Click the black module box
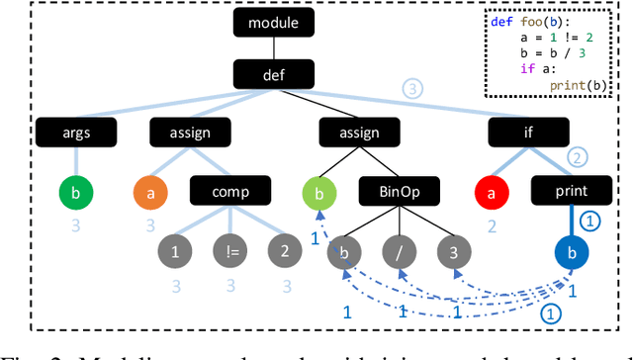[273, 22]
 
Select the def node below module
[273, 74]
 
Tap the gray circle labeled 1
[175, 250]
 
